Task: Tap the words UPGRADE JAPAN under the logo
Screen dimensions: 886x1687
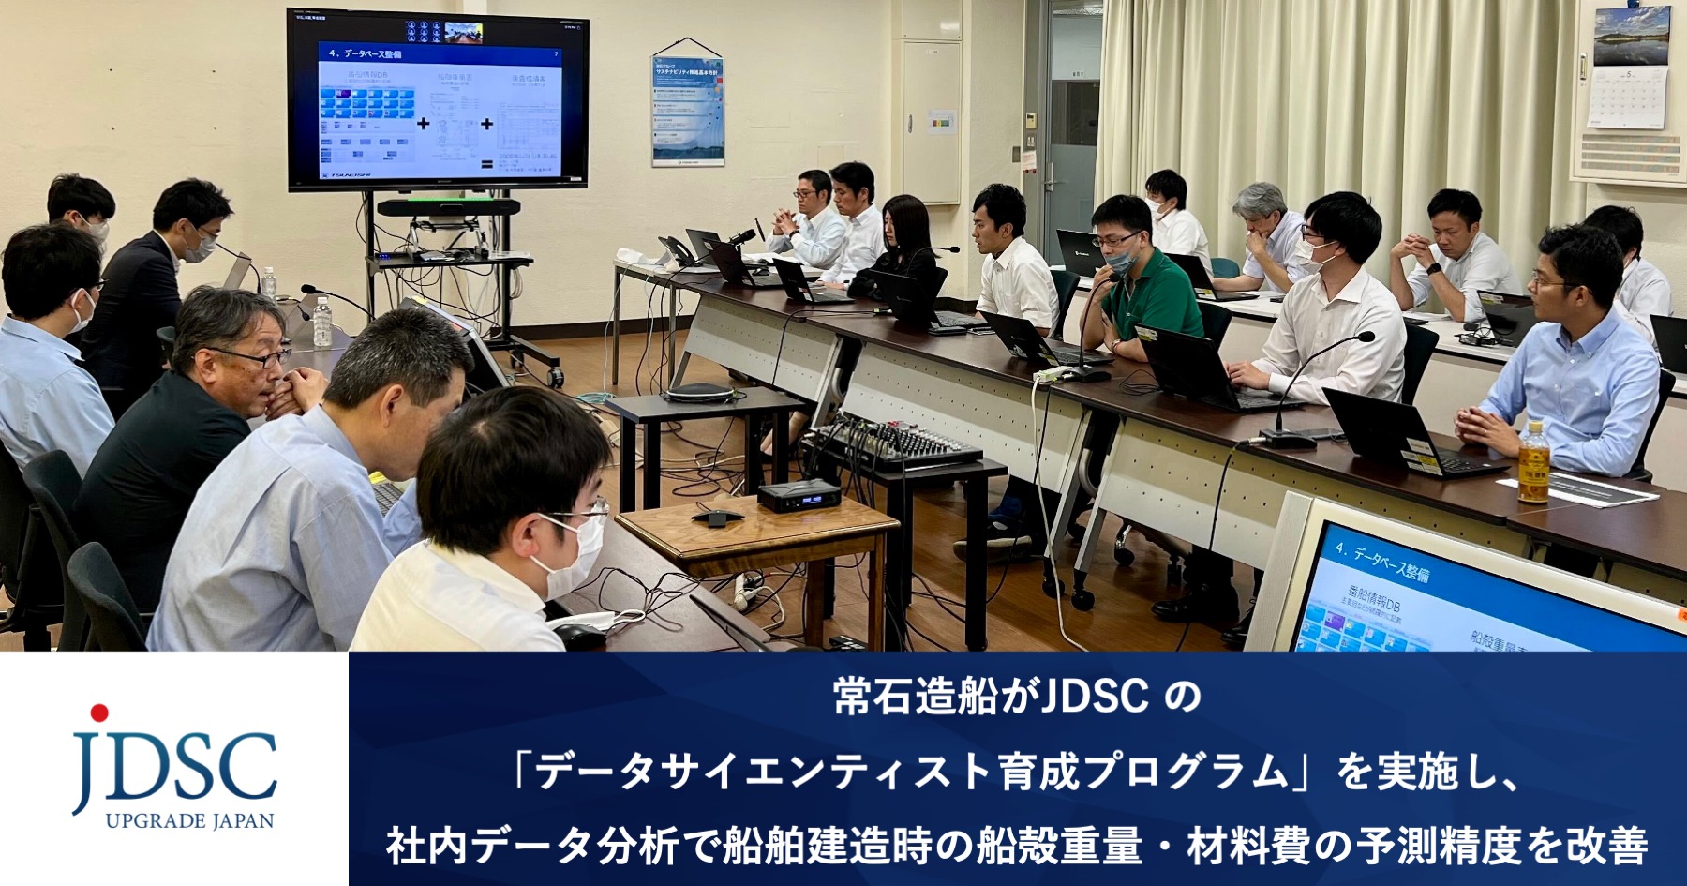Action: (x=189, y=821)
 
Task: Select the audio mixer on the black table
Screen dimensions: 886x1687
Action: (x=890, y=443)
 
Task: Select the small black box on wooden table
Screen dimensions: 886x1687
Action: (x=797, y=494)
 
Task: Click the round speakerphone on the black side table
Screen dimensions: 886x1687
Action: (x=698, y=392)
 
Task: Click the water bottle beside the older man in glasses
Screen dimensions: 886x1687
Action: (x=321, y=322)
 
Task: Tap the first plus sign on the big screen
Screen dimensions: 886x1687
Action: (x=424, y=123)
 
